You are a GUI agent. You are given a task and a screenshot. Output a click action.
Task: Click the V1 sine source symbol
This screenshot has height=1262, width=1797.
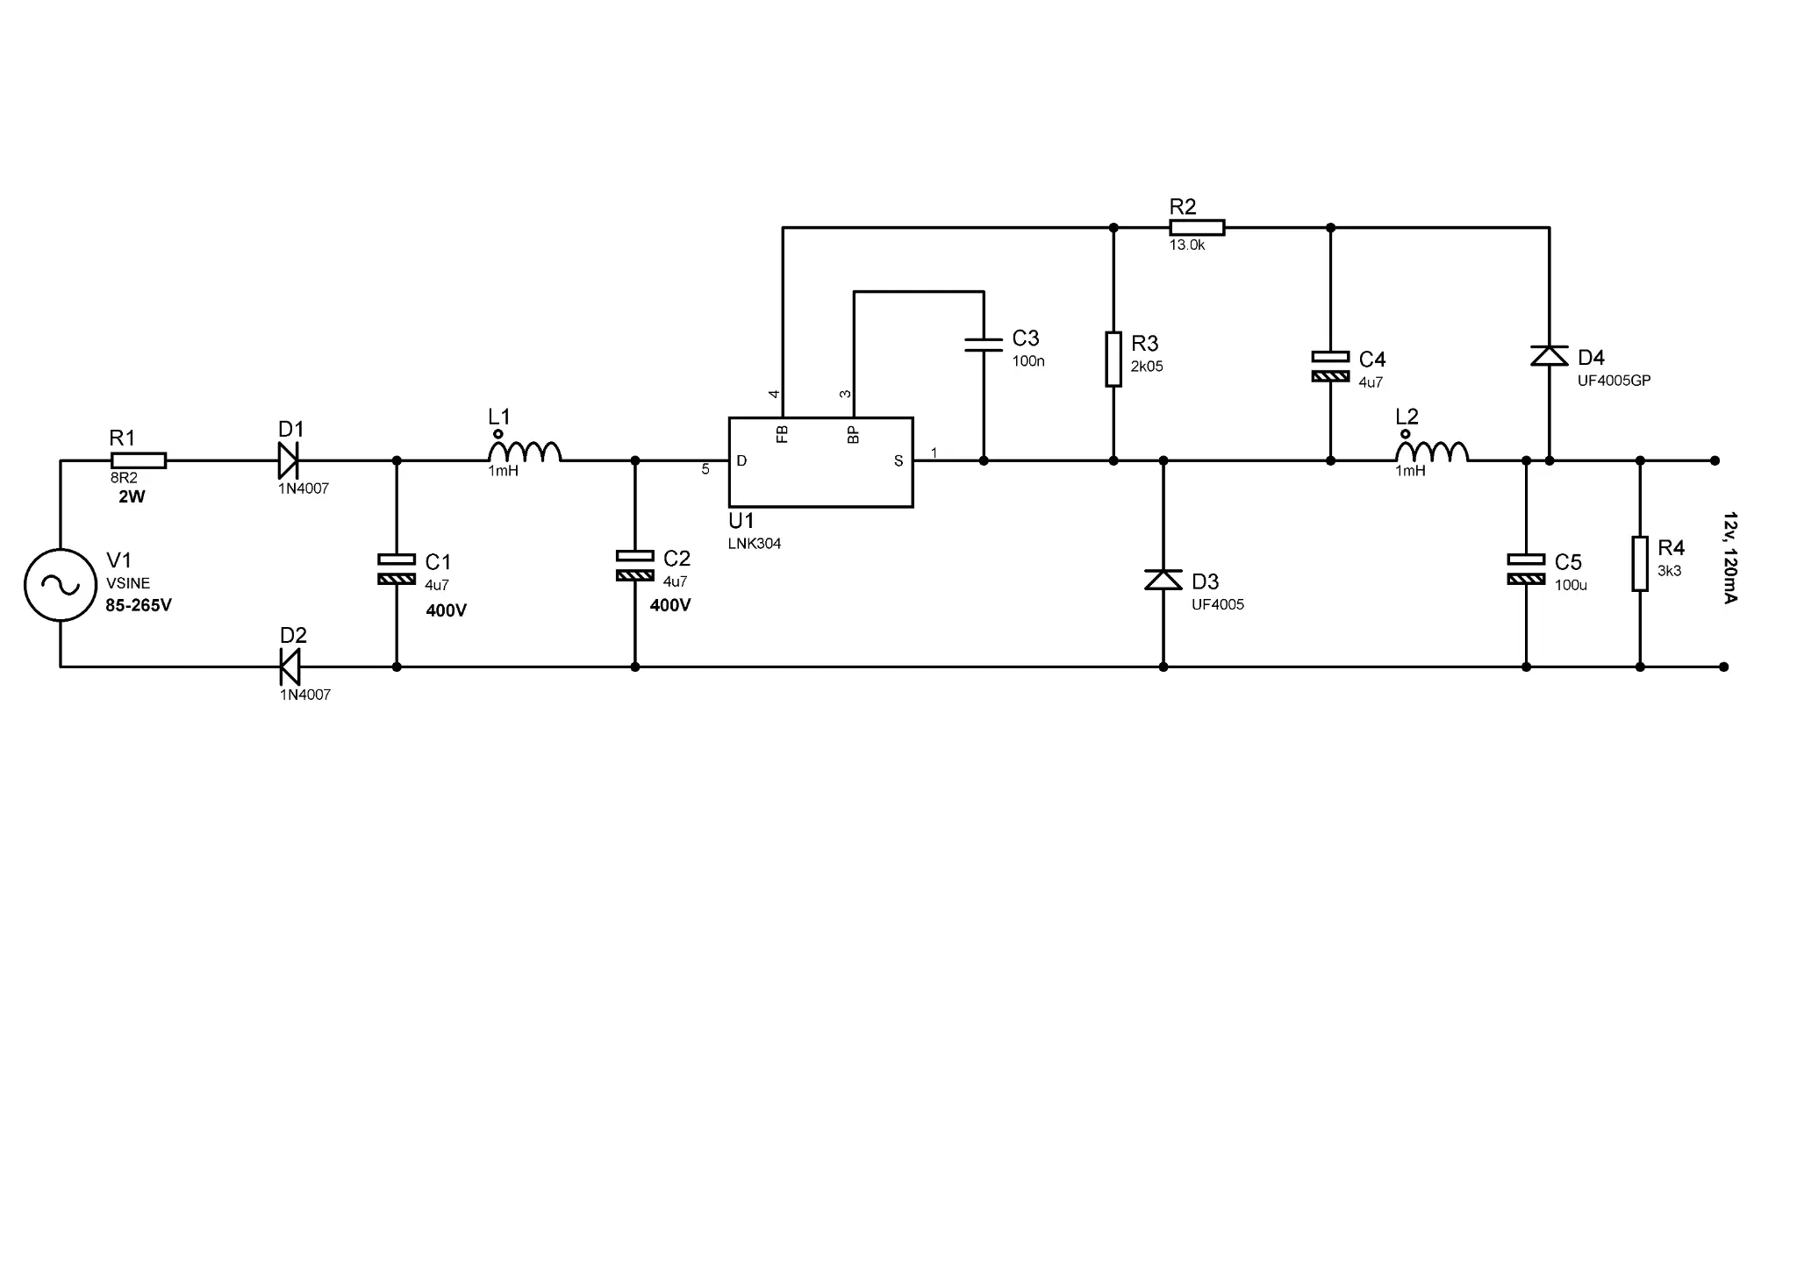(x=60, y=585)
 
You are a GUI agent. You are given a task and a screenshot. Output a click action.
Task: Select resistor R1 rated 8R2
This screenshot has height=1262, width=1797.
(x=139, y=460)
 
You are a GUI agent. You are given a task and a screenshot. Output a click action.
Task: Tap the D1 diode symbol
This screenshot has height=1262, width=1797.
(x=289, y=460)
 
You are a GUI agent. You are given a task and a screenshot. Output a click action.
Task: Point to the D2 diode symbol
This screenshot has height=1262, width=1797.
(x=290, y=667)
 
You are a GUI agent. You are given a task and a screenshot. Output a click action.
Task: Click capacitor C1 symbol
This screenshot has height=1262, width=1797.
(x=396, y=568)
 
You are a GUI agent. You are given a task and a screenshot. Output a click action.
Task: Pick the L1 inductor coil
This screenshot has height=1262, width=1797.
(x=525, y=451)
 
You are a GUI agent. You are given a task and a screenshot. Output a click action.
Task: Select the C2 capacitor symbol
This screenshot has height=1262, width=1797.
(x=635, y=566)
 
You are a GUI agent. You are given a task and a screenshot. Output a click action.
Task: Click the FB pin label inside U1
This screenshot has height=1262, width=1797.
(x=783, y=434)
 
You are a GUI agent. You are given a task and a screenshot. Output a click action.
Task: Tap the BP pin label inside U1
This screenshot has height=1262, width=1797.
(x=853, y=434)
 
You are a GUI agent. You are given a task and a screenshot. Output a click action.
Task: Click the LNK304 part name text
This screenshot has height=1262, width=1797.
(x=755, y=544)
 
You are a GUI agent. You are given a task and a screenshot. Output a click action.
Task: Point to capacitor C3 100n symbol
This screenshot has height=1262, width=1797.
(x=984, y=345)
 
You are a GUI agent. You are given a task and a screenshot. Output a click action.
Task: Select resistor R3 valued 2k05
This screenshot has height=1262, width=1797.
(x=1113, y=359)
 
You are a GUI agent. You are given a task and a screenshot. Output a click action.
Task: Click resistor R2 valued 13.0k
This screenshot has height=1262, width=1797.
(x=1197, y=228)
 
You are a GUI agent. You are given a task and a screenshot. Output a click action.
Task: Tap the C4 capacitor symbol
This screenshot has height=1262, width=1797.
(x=1330, y=367)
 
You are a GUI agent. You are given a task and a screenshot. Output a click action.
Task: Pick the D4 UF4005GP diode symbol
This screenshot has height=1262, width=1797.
(x=1549, y=355)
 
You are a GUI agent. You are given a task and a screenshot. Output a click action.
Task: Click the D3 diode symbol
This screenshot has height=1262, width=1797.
(x=1163, y=580)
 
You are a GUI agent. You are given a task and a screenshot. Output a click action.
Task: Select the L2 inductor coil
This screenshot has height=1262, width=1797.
(x=1432, y=451)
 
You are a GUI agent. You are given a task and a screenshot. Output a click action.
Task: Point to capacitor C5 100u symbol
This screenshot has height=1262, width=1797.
(x=1526, y=569)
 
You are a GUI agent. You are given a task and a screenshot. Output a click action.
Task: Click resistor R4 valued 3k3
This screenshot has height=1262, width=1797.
(x=1640, y=564)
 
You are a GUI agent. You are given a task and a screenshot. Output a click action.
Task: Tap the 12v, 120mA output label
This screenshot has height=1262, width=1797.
(x=1729, y=558)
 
